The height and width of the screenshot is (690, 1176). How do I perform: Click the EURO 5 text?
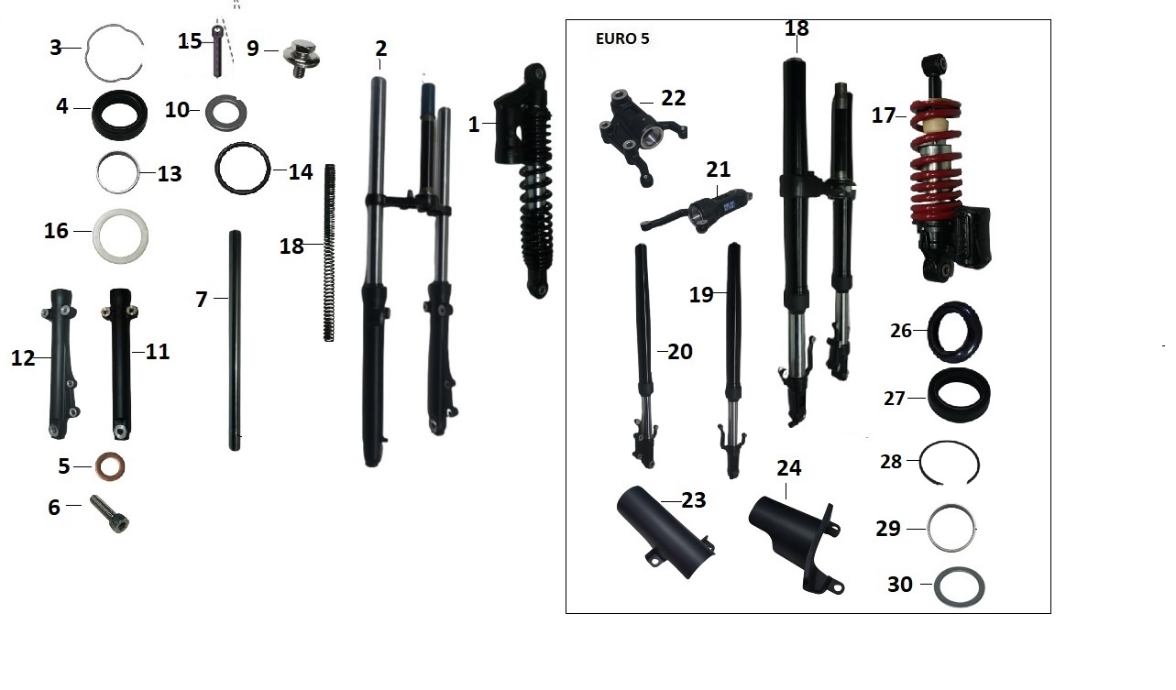pyautogui.click(x=622, y=39)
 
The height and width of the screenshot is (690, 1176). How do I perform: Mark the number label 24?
pyautogui.click(x=788, y=468)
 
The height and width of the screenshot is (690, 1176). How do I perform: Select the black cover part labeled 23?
pyautogui.click(x=665, y=531)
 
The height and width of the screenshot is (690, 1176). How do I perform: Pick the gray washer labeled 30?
pyautogui.click(x=959, y=586)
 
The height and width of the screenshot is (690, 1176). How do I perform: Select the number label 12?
pyautogui.click(x=22, y=357)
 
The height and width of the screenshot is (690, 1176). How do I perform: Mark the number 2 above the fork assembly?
pyautogui.click(x=381, y=48)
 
